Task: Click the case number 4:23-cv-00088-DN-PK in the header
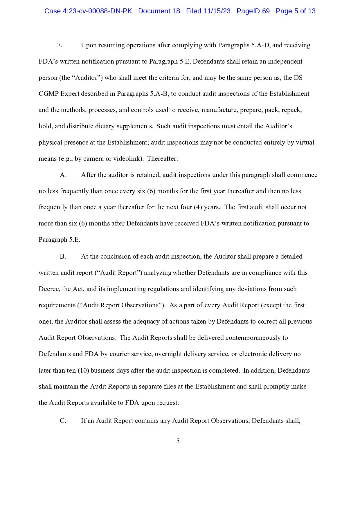coord(97,11)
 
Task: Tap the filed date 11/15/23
coord(217,11)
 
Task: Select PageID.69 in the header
coord(253,11)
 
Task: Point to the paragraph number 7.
coord(60,45)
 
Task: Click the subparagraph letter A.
coord(63,175)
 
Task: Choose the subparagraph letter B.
coord(63,257)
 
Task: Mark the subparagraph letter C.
coord(63,421)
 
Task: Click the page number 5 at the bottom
coord(178,441)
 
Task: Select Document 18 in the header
coord(159,11)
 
